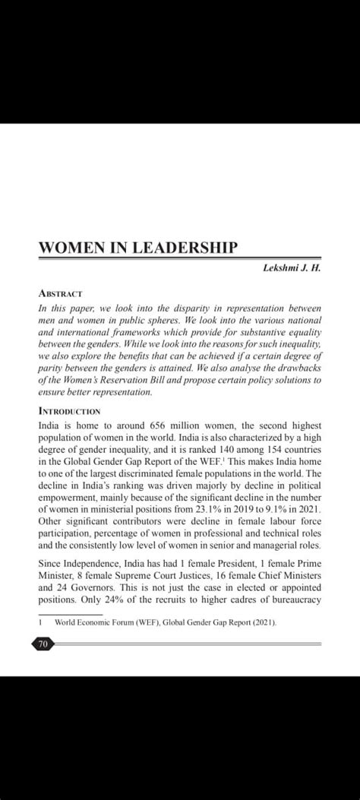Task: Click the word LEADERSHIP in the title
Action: pos(185,248)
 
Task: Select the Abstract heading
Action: pos(60,293)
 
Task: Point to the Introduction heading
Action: pos(69,410)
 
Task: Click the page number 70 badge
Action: pos(43,644)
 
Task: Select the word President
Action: pos(230,563)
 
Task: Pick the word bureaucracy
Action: pos(292,599)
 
